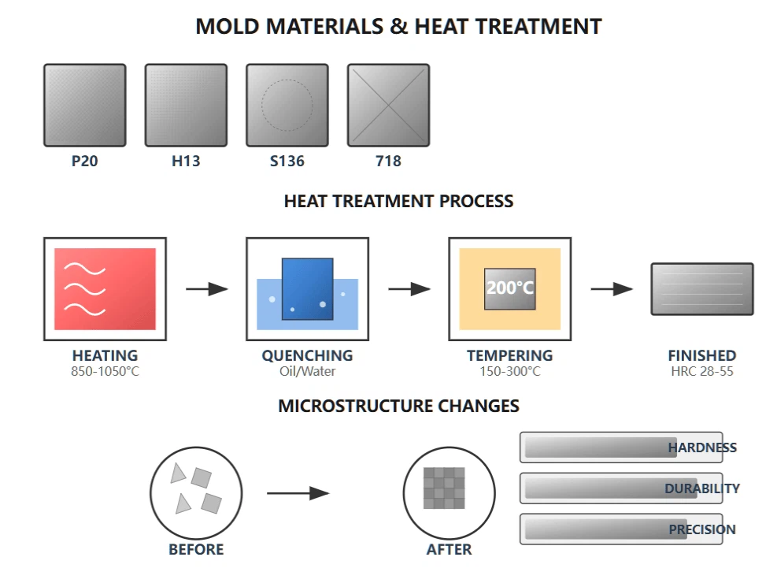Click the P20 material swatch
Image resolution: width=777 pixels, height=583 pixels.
(84, 106)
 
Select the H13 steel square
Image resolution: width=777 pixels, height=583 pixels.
(186, 106)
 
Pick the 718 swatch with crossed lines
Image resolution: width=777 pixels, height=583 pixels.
(389, 106)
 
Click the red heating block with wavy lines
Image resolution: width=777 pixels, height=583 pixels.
(105, 289)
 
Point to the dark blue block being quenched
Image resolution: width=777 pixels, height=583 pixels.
(307, 289)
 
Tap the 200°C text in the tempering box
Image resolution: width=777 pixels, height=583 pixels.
(509, 288)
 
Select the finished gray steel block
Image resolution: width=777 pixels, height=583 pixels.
(701, 289)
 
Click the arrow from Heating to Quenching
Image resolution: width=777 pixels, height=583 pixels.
(206, 289)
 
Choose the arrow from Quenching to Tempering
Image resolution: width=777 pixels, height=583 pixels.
(409, 289)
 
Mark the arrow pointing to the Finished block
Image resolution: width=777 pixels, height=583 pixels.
(611, 289)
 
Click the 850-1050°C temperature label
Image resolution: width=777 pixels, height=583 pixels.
(105, 371)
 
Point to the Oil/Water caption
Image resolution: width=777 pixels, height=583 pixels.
(307, 371)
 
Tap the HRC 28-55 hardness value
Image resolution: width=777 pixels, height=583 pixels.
(701, 371)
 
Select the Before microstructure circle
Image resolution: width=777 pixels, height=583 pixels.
(196, 493)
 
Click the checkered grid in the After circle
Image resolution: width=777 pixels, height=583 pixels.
(444, 488)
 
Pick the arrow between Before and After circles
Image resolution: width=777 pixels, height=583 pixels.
(298, 493)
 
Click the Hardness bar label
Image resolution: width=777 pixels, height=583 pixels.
(702, 447)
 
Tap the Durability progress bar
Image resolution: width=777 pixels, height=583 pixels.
(611, 488)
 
